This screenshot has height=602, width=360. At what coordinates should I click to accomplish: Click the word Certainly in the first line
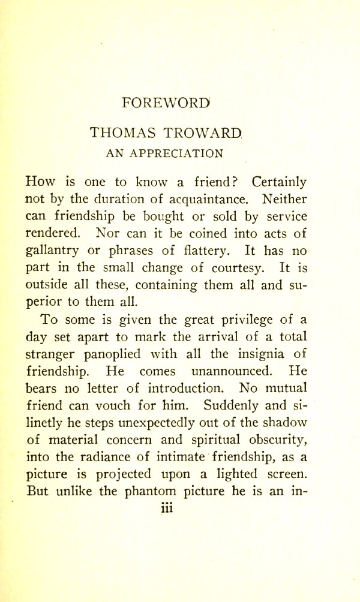click(280, 181)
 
